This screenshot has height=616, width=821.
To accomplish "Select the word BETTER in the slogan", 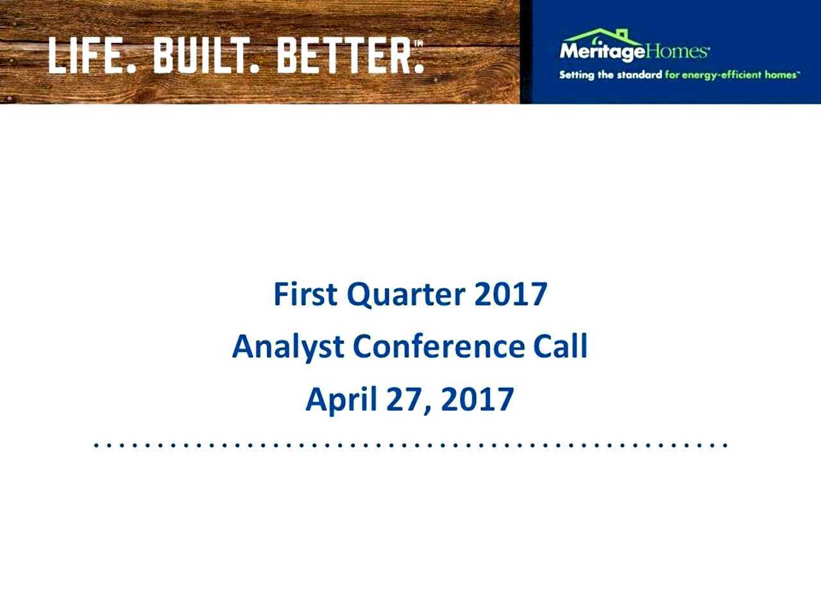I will [343, 56].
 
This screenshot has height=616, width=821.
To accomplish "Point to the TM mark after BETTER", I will [418, 44].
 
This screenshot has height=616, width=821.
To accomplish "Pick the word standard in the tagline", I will [639, 75].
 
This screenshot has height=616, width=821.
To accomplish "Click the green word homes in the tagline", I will [779, 75].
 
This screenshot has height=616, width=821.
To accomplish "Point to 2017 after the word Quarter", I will [511, 294].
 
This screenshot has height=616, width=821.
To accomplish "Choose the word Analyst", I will [288, 348].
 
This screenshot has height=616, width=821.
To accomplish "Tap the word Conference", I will [439, 346].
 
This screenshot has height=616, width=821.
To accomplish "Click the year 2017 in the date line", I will [477, 399].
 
